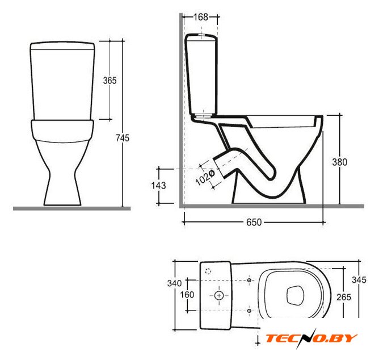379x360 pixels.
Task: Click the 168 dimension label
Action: click(x=201, y=17)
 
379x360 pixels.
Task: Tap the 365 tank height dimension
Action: click(x=110, y=80)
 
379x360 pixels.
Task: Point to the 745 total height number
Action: click(x=123, y=138)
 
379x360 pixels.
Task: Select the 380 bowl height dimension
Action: click(x=340, y=162)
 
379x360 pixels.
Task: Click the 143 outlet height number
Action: click(x=158, y=186)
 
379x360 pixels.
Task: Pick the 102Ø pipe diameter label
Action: click(x=205, y=177)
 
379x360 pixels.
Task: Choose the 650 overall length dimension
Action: click(x=254, y=222)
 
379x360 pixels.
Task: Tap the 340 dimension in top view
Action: click(x=175, y=283)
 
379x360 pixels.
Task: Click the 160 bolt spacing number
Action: click(x=187, y=295)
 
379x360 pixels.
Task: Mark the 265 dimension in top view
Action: click(x=344, y=297)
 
